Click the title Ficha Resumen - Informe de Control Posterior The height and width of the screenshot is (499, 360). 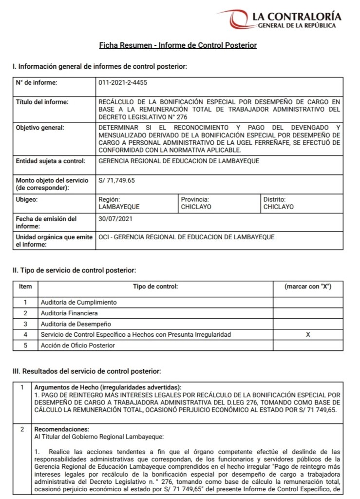coord(178,45)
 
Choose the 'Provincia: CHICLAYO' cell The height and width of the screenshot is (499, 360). coord(195,203)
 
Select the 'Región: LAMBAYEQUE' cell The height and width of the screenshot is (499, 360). coord(119,203)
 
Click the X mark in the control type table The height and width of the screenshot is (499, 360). coord(307,335)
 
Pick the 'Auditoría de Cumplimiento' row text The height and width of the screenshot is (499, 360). coord(79,302)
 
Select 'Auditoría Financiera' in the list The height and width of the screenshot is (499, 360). coord(70,313)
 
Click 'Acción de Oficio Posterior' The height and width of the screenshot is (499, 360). coord(78,345)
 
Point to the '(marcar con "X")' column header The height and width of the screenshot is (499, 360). coord(307,287)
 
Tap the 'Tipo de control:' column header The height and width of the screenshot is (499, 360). coord(155,287)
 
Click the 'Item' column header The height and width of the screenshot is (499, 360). coord(25,287)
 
